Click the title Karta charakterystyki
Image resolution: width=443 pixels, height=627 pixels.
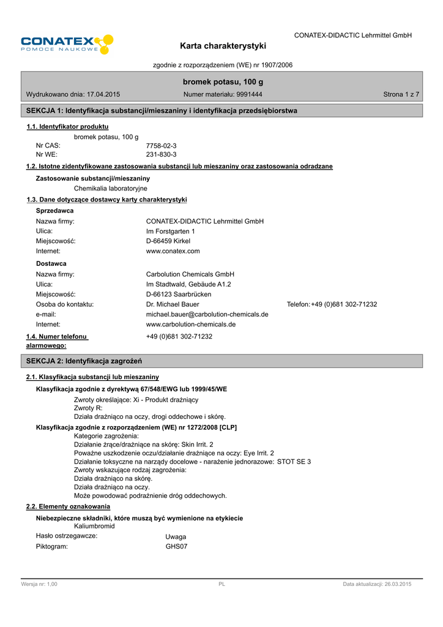(223, 46)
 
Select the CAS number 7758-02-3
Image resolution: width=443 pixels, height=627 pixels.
(162, 146)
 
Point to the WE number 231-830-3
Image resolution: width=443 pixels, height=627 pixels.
(162, 156)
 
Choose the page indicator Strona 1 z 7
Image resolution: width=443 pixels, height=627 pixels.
(401, 94)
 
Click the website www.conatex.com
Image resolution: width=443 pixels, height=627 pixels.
(173, 251)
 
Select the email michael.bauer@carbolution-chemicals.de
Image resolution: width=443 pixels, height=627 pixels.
(207, 314)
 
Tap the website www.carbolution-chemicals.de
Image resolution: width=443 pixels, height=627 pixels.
(191, 324)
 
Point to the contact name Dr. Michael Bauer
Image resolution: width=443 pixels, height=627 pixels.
(173, 304)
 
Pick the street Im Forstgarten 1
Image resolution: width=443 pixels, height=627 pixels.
(171, 231)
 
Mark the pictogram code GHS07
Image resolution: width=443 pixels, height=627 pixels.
(176, 546)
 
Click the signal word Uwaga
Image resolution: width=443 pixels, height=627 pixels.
(176, 536)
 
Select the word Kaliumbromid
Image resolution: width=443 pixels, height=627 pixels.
(94, 526)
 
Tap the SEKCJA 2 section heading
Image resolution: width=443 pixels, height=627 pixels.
(84, 361)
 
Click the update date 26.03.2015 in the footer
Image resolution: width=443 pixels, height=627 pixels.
(397, 585)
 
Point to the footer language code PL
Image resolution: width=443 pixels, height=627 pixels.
(222, 585)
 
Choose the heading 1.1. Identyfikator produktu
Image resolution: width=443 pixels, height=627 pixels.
(68, 127)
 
